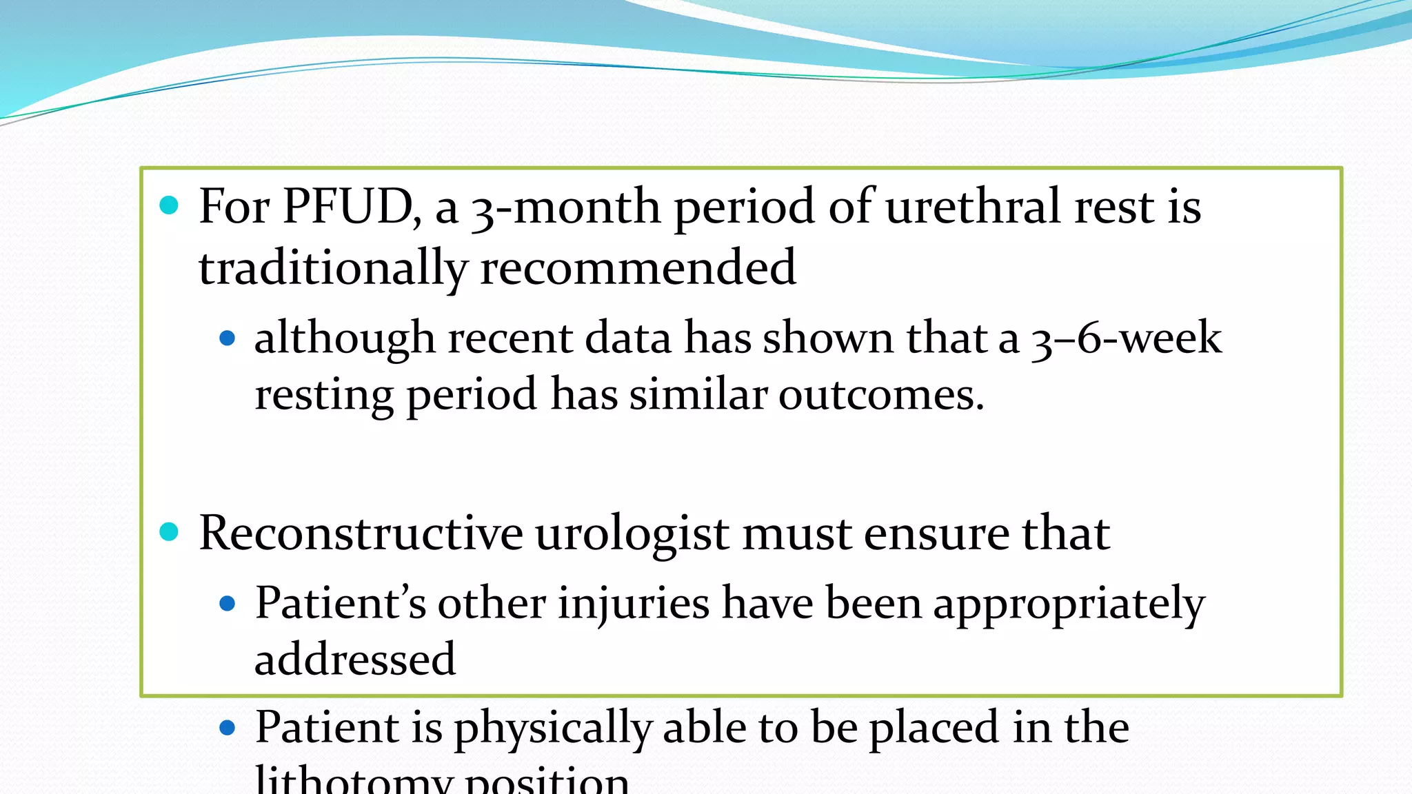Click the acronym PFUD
pos(348,207)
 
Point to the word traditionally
pos(333,268)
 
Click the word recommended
pos(638,268)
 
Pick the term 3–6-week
pos(1127,338)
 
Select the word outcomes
pos(881,395)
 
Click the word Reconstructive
pos(361,533)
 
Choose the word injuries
pos(634,604)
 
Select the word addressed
pos(355,660)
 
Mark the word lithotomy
pos(354,782)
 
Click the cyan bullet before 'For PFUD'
pos(169,205)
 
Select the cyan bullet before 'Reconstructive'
pos(169,531)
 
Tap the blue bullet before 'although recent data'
pos(227,338)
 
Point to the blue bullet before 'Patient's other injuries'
pos(227,604)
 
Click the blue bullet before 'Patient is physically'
pos(227,728)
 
